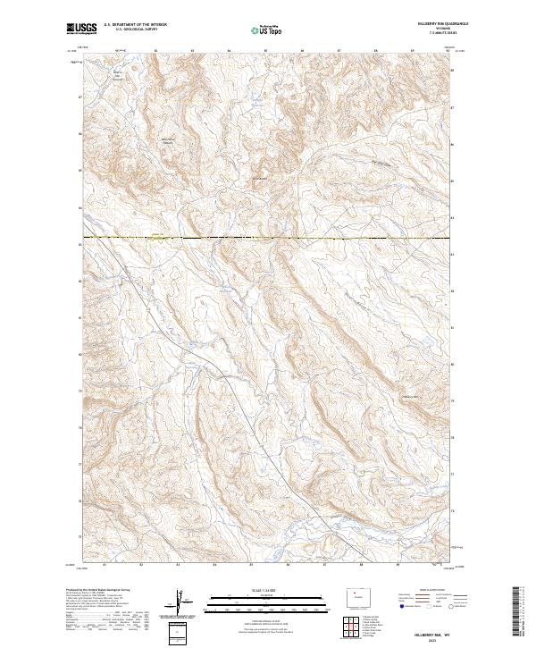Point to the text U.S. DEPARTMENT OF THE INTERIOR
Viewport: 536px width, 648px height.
[x=135, y=27]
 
